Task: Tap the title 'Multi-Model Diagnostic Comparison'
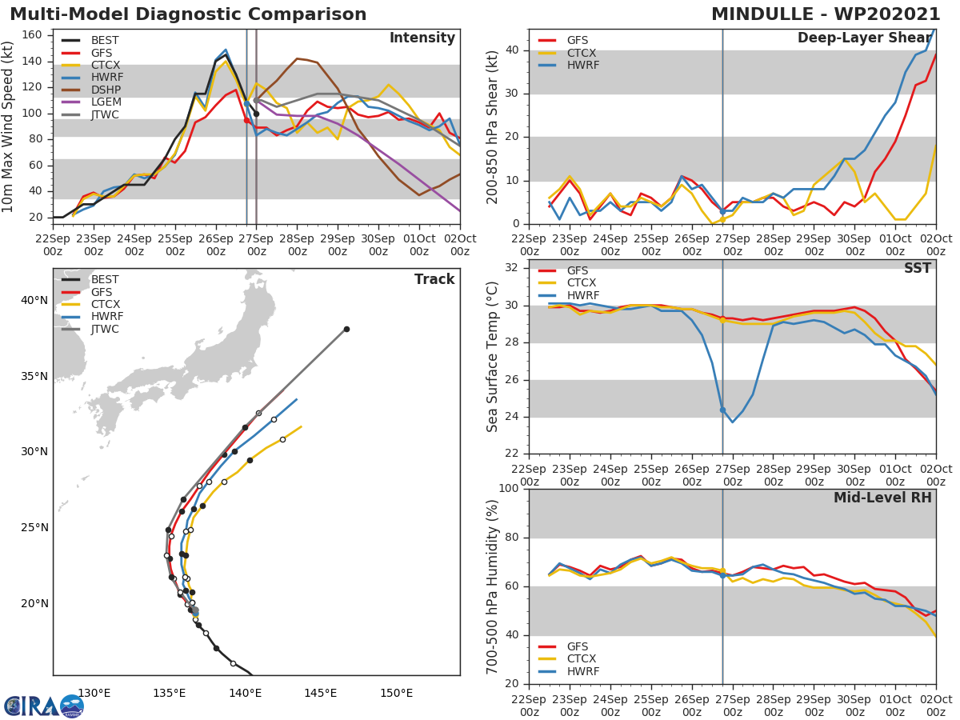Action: (188, 14)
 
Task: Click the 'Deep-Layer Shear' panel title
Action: (864, 38)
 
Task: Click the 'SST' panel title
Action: (918, 268)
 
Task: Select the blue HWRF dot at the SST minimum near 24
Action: (722, 410)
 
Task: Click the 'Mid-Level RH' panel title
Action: (882, 498)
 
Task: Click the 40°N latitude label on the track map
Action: (34, 300)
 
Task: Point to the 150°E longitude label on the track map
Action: (396, 693)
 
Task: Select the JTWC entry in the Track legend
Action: (106, 330)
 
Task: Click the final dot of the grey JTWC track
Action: (346, 329)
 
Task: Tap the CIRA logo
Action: (43, 706)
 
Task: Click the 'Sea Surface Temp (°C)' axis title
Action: (493, 356)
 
